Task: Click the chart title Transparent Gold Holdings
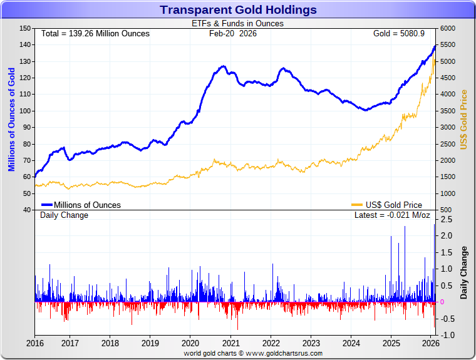(238, 10)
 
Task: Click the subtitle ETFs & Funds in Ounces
(237, 24)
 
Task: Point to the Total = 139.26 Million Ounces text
(95, 33)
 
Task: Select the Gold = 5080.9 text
(398, 33)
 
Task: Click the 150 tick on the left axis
(26, 28)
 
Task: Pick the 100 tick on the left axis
(26, 111)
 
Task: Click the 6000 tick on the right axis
(448, 28)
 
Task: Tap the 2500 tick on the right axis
(448, 143)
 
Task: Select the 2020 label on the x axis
(190, 343)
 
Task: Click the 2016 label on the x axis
(35, 343)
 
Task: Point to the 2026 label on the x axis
(431, 343)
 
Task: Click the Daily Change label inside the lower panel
(65, 215)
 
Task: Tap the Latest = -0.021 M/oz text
(392, 215)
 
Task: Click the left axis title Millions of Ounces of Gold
(11, 119)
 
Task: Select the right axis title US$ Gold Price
(464, 119)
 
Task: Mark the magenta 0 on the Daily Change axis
(442, 302)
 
